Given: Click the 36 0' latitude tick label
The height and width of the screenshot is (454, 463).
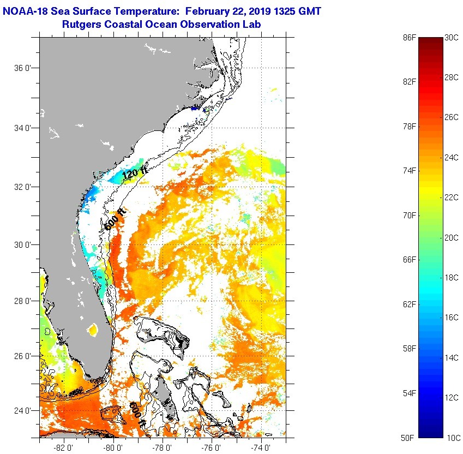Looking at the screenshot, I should (x=22, y=69).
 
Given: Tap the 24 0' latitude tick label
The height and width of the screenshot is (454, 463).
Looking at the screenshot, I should (x=22, y=411).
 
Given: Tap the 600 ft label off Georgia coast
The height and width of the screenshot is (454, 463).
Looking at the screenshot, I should (x=116, y=218).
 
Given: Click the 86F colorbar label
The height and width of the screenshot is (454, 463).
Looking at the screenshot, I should (x=409, y=38).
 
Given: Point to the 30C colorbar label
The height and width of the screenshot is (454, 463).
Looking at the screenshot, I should (x=451, y=38).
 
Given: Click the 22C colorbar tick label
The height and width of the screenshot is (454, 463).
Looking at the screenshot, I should (x=451, y=198).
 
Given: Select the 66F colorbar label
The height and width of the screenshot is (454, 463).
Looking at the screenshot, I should (x=409, y=260).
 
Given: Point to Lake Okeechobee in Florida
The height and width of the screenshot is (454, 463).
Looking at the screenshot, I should (x=92, y=329).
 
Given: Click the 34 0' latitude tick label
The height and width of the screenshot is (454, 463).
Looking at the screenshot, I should (x=22, y=128).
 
